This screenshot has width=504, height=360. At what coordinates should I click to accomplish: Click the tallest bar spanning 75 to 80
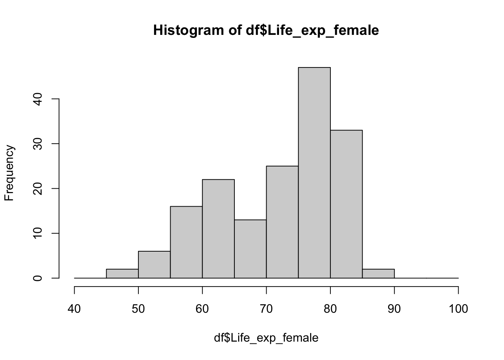314,173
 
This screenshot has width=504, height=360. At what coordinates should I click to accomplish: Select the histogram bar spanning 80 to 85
346,204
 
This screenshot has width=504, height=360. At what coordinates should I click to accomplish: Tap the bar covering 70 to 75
282,222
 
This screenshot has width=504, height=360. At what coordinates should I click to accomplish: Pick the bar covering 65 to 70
250,249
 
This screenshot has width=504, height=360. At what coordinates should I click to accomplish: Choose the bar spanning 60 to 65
218,229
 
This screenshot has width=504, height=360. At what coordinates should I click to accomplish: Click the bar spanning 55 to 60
186,242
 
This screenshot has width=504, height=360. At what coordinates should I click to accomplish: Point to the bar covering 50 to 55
154,265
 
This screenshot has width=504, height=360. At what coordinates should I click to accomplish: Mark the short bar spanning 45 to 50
122,274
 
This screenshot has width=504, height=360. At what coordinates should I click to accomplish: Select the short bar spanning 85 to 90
378,274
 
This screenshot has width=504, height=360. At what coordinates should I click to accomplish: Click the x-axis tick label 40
74,309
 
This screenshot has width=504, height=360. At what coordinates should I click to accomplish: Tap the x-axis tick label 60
202,309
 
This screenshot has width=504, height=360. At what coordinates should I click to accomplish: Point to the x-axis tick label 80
330,309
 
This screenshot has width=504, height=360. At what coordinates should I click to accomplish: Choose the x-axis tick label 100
458,309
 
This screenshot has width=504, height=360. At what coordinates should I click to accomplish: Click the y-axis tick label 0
37,278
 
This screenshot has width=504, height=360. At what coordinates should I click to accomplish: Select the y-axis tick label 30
37,144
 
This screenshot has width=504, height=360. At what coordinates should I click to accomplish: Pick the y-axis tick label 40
37,99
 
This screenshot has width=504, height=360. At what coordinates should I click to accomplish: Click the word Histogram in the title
189,30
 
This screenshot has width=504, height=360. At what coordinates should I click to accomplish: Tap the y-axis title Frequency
9,173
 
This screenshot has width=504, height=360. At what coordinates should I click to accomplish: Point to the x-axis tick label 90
394,309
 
